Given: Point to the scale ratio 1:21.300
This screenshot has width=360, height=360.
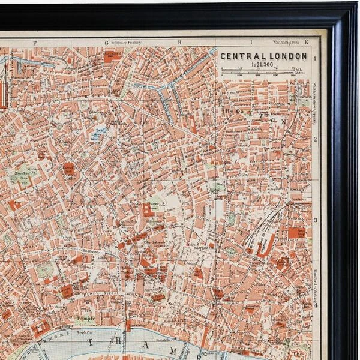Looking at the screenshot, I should point(265,65).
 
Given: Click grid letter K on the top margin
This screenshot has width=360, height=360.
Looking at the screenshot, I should point(306,43).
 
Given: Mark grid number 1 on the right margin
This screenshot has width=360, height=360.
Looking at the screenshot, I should point(314,58).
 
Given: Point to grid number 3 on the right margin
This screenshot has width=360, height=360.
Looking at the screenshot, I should point(314,220).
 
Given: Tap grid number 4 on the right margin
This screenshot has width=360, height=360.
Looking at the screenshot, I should point(314,304).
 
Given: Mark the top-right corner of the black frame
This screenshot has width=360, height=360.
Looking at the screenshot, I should point(355,5).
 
